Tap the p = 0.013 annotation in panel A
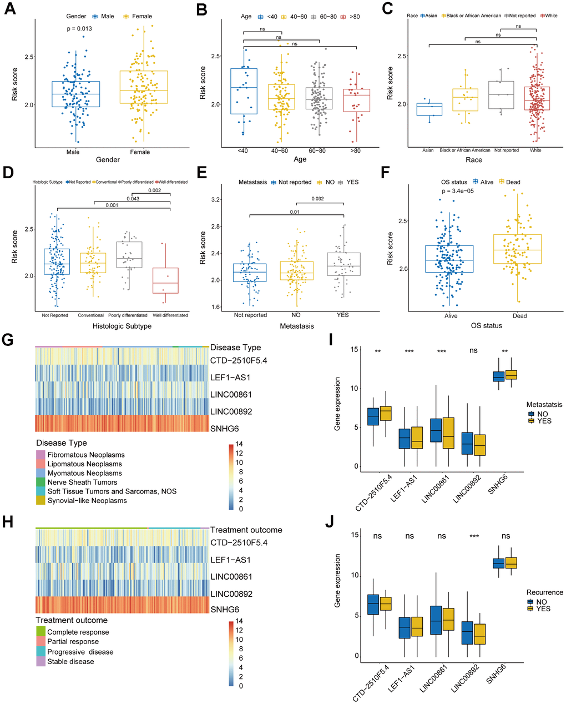click(79, 29)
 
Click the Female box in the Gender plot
click(144, 87)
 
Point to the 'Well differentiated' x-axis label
click(170, 315)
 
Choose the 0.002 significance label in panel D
click(154, 191)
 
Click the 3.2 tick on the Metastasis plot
click(216, 200)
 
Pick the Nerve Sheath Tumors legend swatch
click(41, 482)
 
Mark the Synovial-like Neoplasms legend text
click(87, 501)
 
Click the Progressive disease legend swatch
click(41, 652)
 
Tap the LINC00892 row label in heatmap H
click(231, 594)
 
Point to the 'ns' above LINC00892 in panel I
click(473, 351)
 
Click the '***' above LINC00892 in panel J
click(474, 536)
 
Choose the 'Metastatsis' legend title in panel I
click(544, 405)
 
